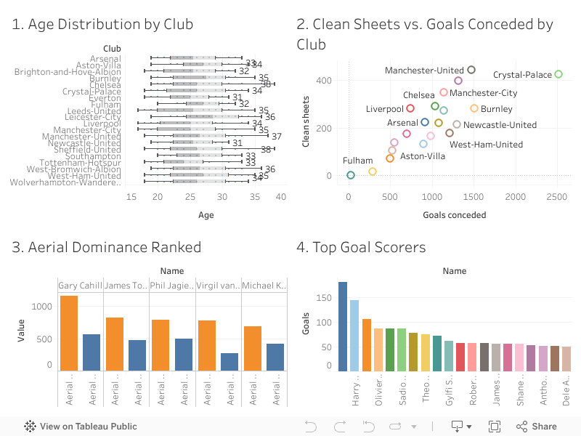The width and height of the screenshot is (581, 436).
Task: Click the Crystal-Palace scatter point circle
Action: click(558, 74)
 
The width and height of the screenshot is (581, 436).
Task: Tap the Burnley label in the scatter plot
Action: click(496, 109)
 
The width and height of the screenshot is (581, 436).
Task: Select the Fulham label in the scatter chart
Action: click(358, 161)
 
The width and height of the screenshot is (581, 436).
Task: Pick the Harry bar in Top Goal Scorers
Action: click(354, 335)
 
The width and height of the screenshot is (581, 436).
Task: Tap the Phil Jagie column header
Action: click(172, 286)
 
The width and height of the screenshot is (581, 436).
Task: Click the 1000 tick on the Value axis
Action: click(42, 307)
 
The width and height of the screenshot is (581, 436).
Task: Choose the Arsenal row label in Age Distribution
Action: click(105, 59)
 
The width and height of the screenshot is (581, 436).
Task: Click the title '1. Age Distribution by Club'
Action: click(102, 24)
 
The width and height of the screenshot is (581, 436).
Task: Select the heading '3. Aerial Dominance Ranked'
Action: click(106, 247)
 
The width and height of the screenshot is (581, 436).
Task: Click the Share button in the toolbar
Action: click(537, 427)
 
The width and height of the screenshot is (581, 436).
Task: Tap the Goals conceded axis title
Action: click(454, 215)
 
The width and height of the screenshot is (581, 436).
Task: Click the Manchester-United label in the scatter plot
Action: click(424, 70)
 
